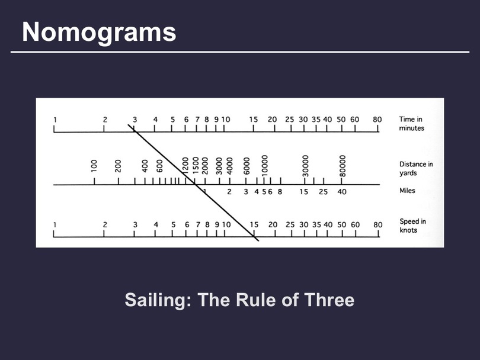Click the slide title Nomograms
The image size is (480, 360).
(x=99, y=33)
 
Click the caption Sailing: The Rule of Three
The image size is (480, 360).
(x=239, y=300)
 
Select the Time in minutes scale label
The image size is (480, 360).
(x=411, y=124)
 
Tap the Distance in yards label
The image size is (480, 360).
(x=416, y=169)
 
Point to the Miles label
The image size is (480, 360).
(x=407, y=191)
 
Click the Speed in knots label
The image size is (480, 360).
(x=412, y=226)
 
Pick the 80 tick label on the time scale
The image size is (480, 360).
(x=377, y=120)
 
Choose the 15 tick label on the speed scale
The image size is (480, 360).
(x=254, y=225)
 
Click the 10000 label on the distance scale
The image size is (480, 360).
(x=265, y=165)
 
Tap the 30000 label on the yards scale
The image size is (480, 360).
(x=305, y=166)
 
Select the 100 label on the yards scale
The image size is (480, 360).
(x=94, y=166)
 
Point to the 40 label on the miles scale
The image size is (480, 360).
(x=342, y=192)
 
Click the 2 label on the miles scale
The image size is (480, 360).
(x=229, y=192)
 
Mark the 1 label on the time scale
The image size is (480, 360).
(x=55, y=120)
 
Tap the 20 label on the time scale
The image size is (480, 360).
(x=272, y=120)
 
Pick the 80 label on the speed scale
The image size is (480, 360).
(x=377, y=225)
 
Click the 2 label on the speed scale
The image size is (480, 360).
(x=105, y=225)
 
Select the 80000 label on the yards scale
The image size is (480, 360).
(x=343, y=166)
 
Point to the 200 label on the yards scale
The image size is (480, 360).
(x=118, y=166)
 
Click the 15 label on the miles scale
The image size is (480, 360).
(x=303, y=192)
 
